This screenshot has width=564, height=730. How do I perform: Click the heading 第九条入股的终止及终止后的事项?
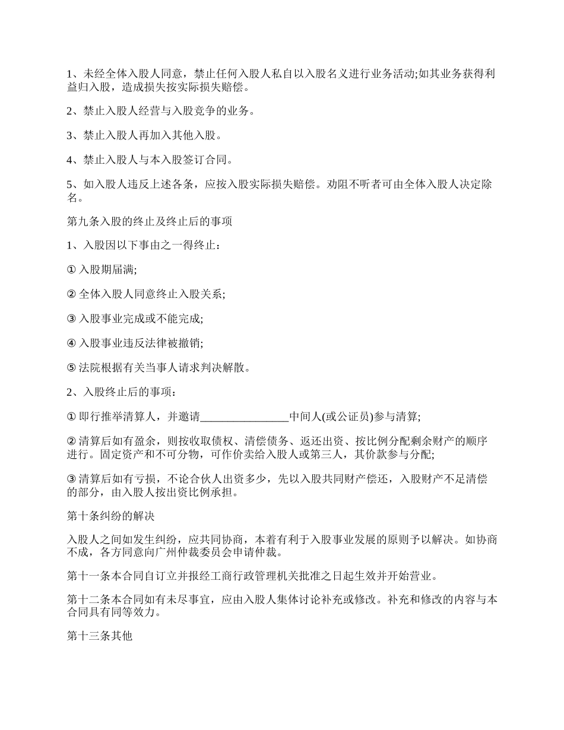(149, 221)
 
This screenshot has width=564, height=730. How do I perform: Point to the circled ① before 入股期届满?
(71, 270)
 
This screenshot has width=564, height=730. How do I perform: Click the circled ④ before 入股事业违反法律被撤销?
(71, 343)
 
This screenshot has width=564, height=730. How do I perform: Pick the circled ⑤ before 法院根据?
(71, 368)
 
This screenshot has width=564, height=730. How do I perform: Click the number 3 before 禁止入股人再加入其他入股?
(69, 135)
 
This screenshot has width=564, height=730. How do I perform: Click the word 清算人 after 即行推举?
(138, 417)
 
